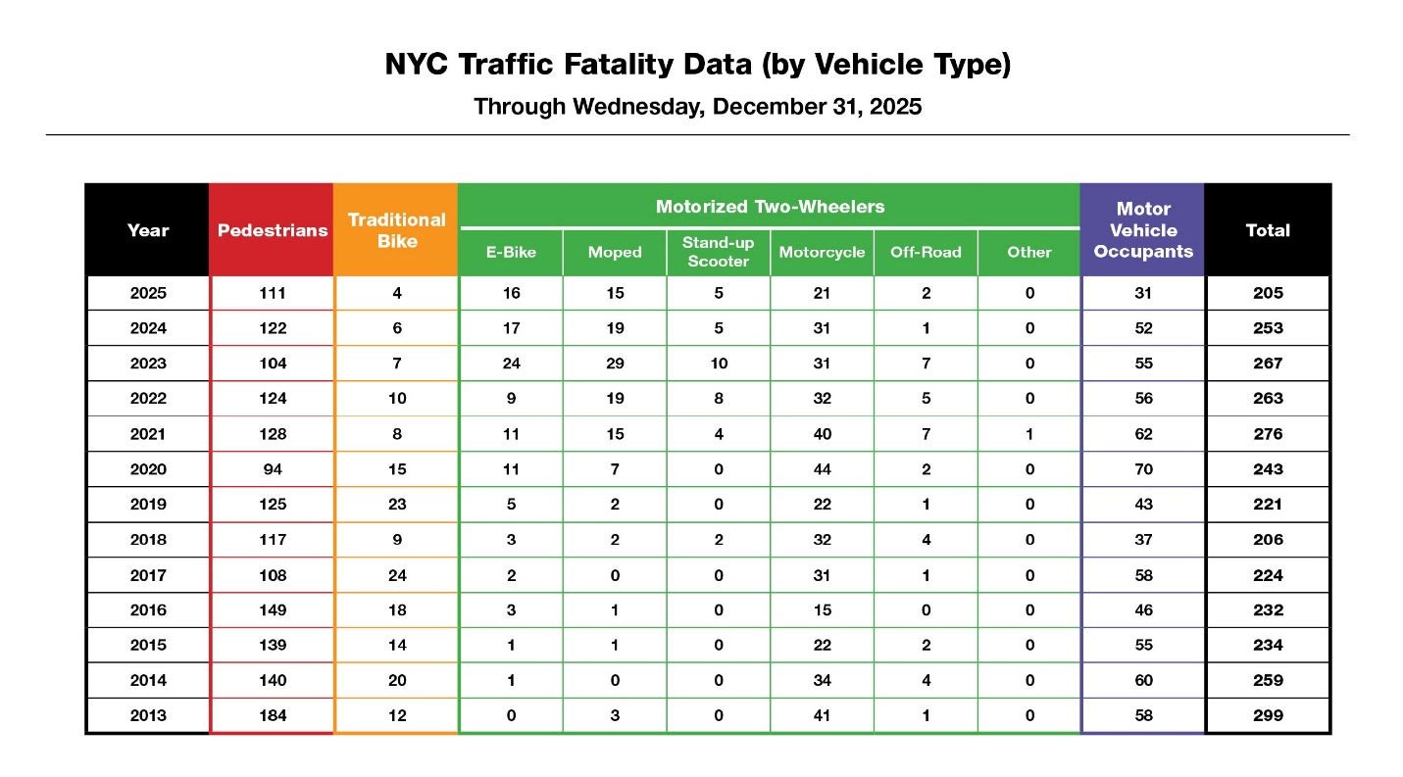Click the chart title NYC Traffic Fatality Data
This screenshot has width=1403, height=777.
(697, 66)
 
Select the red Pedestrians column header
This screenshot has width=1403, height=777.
(272, 230)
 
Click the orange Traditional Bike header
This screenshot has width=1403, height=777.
(396, 230)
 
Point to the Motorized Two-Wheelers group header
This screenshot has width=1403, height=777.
(770, 207)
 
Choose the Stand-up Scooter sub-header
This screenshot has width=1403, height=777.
(718, 252)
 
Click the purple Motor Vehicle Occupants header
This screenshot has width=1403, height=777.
(1142, 230)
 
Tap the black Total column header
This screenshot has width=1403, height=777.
(1267, 230)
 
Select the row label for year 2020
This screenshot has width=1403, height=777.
(148, 469)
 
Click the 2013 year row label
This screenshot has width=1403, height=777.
(148, 716)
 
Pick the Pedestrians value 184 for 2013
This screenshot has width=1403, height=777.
(272, 716)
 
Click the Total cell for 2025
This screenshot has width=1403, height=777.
(1267, 293)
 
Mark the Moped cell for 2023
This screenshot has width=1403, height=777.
(615, 364)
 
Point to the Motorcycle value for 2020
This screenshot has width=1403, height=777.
(822, 469)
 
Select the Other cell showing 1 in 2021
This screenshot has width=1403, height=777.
(1028, 434)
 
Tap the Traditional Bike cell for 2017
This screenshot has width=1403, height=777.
(396, 575)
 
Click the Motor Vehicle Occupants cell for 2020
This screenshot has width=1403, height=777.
(1142, 469)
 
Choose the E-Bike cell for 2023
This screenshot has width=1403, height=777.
(511, 364)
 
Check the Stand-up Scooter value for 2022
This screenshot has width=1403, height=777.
(718, 399)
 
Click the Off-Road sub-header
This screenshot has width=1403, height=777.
(925, 253)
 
